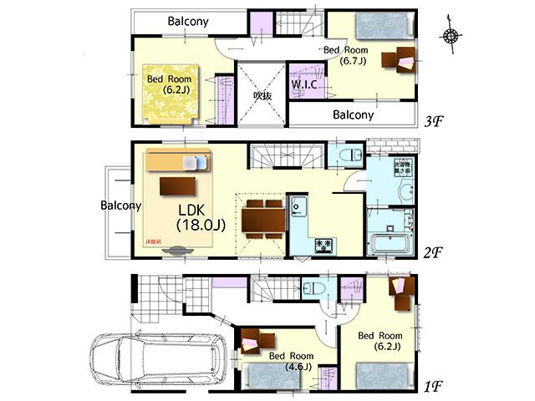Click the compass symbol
pos(451,35)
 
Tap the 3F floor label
pos(435,121)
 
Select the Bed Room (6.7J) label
pos(344,55)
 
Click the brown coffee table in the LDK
pos(176,184)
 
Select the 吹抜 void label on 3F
pos(262,96)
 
